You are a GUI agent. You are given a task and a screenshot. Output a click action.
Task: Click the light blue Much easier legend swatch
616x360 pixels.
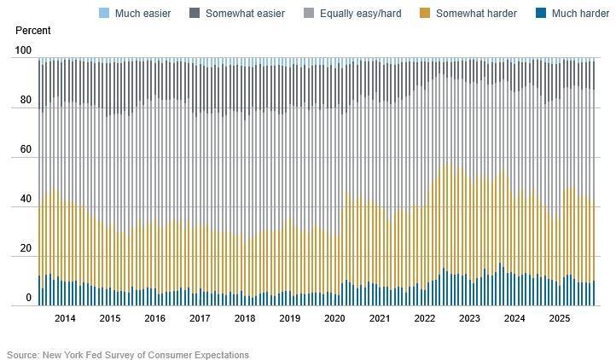coord(105,14)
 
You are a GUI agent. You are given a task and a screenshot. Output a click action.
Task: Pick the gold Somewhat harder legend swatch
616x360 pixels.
coord(426,14)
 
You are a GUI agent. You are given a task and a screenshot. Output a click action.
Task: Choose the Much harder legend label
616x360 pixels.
coord(580,14)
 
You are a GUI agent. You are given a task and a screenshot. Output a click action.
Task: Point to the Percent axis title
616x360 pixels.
coord(33,31)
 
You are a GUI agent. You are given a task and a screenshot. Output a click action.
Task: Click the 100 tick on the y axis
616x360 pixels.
coord(24,51)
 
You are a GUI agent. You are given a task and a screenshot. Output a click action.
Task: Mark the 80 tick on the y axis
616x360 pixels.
coord(26,101)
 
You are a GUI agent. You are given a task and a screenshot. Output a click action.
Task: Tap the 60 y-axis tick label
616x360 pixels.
coord(26,150)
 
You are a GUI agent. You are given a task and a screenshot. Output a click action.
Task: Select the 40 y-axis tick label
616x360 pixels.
coord(26,200)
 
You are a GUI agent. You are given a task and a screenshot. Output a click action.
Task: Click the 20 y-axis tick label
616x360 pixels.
coord(26,249)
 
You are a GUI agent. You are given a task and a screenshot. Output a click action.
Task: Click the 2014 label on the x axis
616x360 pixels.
coord(65,318)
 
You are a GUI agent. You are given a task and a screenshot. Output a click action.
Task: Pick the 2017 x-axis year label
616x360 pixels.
coord(200,318)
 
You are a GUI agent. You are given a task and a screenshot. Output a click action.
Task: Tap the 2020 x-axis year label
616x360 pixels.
coord(334,318)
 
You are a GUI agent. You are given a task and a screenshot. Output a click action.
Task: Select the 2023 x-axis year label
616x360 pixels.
coord(469,318)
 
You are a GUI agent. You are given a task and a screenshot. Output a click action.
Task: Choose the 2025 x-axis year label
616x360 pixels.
coord(559,318)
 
